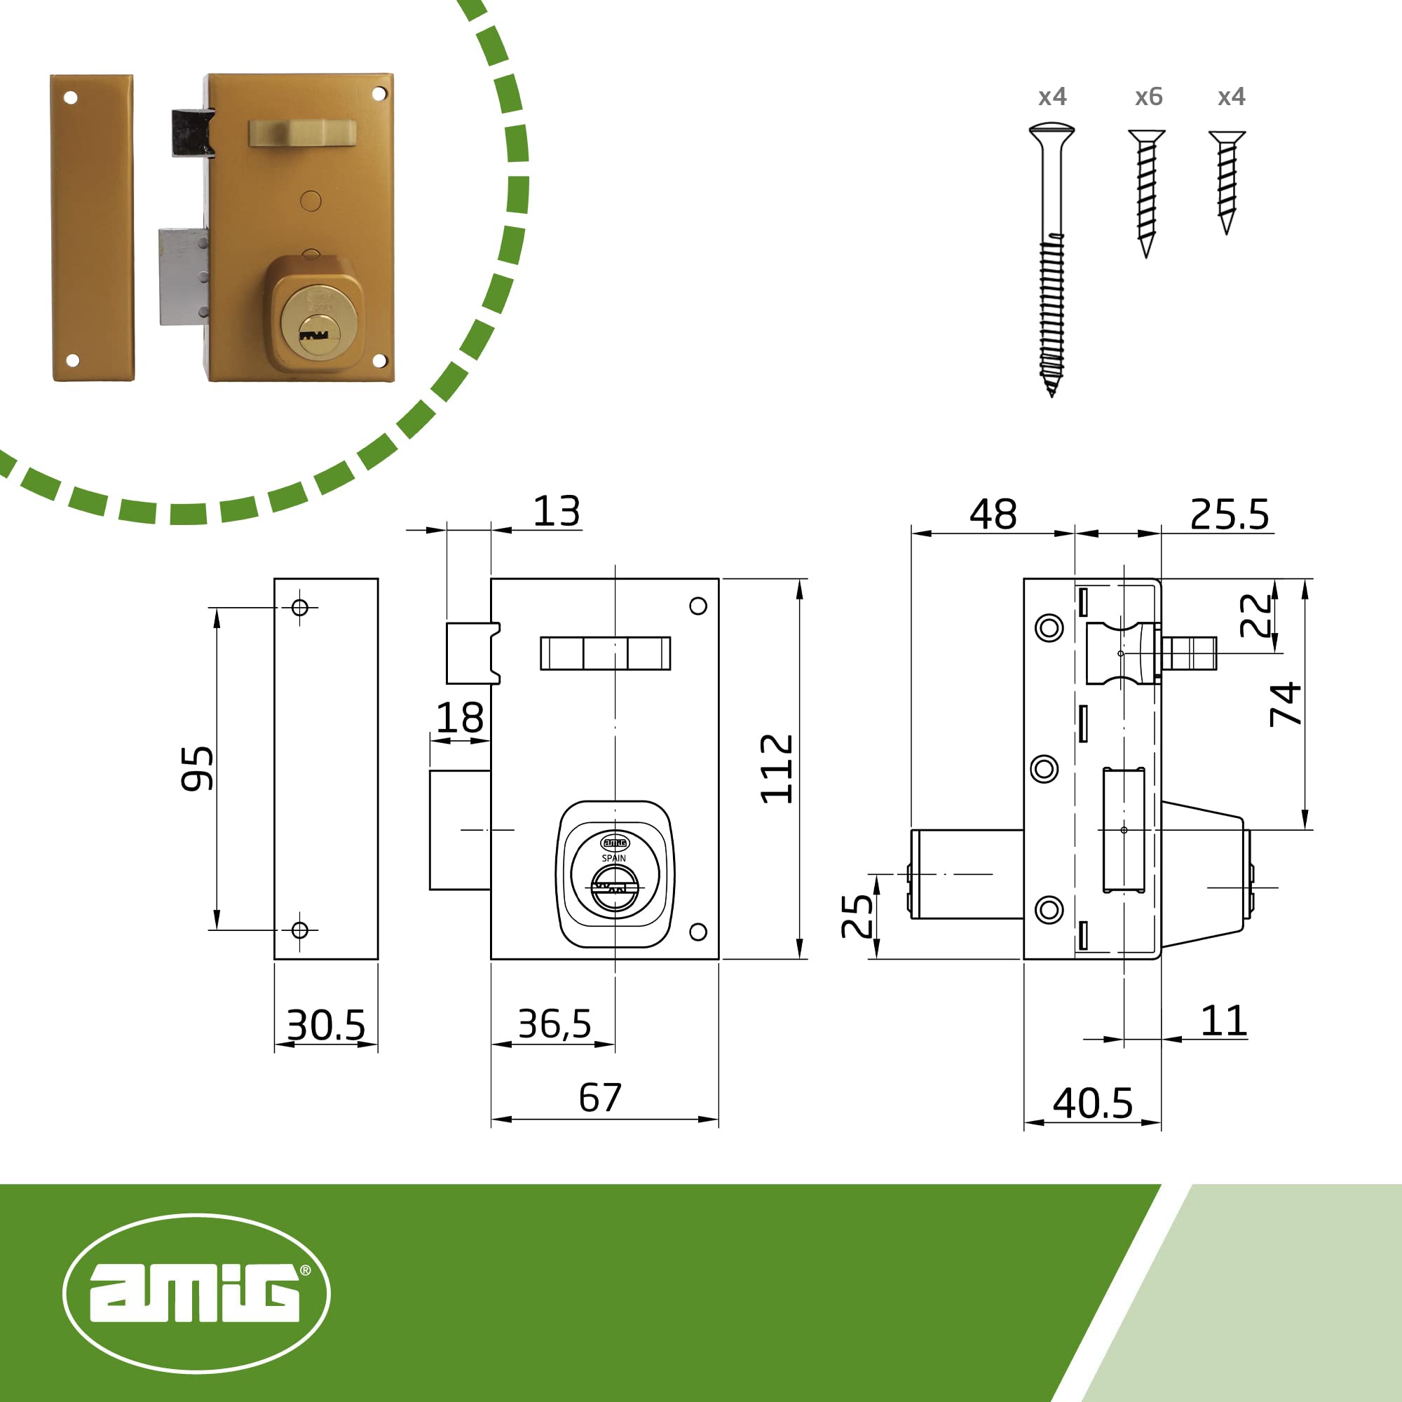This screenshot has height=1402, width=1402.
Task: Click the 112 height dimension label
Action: click(x=777, y=768)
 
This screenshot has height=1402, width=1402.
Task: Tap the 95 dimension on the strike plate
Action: click(x=198, y=768)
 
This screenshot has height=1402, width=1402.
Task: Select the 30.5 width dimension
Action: click(x=326, y=1026)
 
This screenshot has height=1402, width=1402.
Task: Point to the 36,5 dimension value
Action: click(x=554, y=1024)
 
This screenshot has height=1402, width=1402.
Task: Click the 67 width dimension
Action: click(x=600, y=1097)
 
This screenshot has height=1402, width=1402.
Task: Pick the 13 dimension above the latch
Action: click(x=557, y=512)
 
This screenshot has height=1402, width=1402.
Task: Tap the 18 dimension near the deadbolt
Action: click(x=459, y=718)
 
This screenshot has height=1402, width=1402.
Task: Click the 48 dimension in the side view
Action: click(x=993, y=515)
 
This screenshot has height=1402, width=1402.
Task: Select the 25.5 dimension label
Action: click(x=1230, y=515)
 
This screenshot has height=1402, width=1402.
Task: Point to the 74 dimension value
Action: click(x=1285, y=704)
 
